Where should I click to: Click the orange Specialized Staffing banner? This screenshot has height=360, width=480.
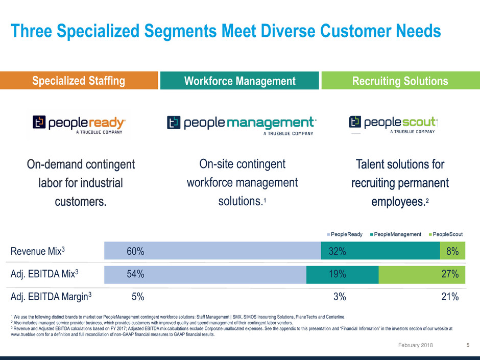pos(79,81)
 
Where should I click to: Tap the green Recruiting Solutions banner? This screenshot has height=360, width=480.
pos(400,81)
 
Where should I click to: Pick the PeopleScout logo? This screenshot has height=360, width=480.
pos(394,124)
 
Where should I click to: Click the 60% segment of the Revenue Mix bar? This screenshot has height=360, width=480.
pos(212,251)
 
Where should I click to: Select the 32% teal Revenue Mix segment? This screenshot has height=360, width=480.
pos(380,251)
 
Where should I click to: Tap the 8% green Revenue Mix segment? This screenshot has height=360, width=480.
pos(452,251)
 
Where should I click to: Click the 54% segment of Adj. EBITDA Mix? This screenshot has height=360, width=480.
pos(205,274)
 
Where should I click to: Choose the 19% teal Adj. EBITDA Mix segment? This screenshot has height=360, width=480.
pos(342,274)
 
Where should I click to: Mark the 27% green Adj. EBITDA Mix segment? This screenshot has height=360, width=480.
pos(422,274)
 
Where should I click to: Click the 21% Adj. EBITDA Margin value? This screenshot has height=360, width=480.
pos(450,296)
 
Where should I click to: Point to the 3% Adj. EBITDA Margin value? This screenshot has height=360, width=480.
pos(340,296)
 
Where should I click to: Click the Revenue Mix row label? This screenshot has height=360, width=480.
pos(38,251)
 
